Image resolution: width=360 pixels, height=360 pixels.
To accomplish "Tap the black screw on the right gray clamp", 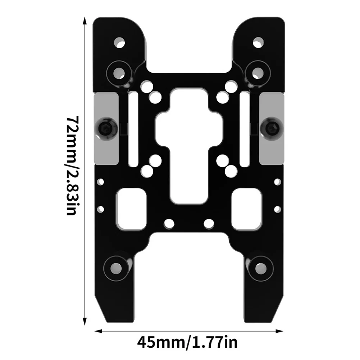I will [272, 127].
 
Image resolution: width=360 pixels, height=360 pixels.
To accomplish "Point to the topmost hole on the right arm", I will [258, 43].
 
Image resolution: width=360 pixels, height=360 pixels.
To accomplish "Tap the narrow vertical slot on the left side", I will [132, 126].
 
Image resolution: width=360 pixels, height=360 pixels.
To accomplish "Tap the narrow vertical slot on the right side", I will [245, 126].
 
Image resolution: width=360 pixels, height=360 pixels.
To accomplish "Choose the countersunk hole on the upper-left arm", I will [118, 72].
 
